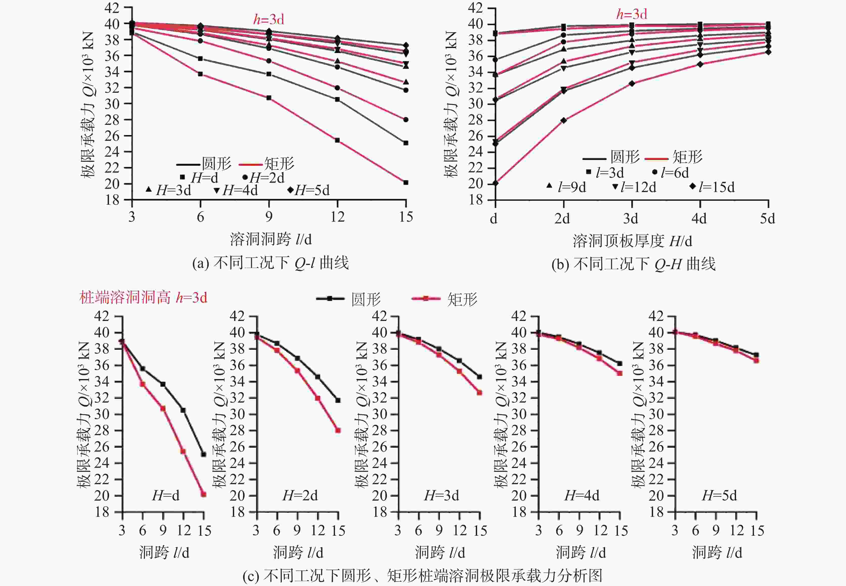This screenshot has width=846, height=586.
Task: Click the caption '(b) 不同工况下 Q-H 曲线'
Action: point(633,264)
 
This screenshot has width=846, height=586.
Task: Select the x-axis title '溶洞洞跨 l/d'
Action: point(271,239)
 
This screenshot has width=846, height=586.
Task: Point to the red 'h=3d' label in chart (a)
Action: point(269,19)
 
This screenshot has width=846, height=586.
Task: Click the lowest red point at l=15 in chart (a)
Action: point(406,182)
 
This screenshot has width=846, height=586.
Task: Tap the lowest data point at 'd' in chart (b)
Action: point(496,183)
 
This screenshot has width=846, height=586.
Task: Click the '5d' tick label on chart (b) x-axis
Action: point(767,219)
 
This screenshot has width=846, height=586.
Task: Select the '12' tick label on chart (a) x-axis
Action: point(337,217)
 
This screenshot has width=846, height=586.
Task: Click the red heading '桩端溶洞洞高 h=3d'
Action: point(143,297)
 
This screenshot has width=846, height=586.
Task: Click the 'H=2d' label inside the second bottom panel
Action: point(300,496)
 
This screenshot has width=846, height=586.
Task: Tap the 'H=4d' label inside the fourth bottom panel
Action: point(582,496)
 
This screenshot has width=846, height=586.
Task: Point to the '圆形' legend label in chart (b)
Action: point(625,157)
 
